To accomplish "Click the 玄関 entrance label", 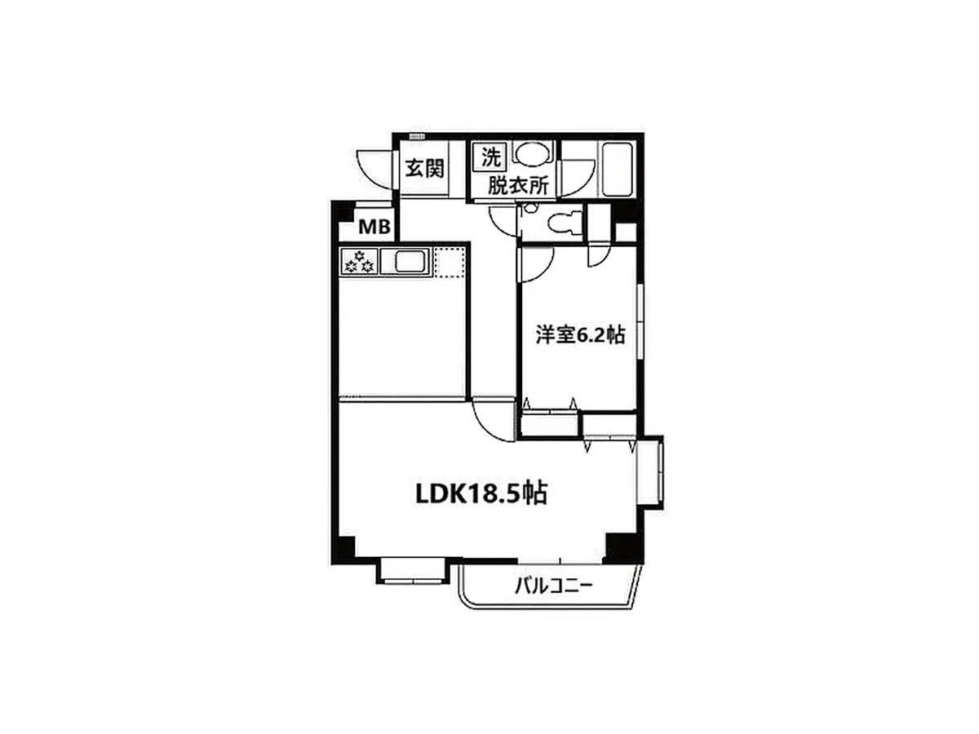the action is (x=424, y=169).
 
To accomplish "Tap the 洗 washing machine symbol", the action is (x=490, y=157).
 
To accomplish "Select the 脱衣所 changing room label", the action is (x=518, y=185).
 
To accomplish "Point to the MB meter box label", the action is (x=374, y=228).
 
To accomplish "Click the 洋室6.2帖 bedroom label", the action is (x=580, y=335).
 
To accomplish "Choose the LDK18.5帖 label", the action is (x=481, y=493).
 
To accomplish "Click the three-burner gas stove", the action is (x=360, y=262).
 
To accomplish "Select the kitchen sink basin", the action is (x=409, y=262).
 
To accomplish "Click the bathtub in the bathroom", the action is (x=617, y=170).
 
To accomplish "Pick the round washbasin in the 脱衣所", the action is (x=532, y=154).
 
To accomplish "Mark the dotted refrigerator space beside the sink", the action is (x=450, y=262).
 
